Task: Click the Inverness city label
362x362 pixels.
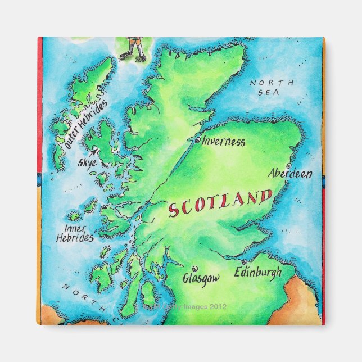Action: [x=223, y=142]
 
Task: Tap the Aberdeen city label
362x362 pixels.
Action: [x=289, y=174]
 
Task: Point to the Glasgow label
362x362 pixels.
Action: [x=201, y=278]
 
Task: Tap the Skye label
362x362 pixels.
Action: [x=87, y=164]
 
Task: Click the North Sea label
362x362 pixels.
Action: [x=272, y=87]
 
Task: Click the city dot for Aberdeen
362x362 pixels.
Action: [x=288, y=166]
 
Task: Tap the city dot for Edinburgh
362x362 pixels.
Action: [x=243, y=262]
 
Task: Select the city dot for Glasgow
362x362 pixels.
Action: [x=194, y=269]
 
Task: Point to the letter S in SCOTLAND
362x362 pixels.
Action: [x=174, y=211]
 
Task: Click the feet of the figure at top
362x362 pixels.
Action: [x=133, y=55]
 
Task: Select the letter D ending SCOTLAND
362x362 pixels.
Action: [x=266, y=196]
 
